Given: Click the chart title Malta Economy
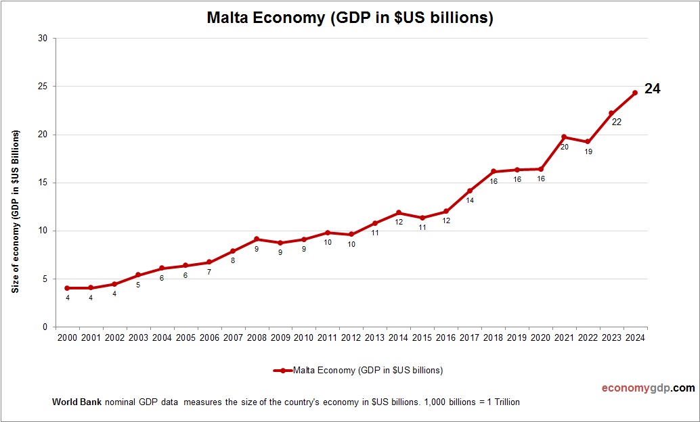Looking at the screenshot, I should click(350, 18).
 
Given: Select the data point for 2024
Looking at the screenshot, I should click(635, 93).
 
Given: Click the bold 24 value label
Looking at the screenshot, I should click(652, 88).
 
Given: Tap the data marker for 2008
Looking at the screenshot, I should click(257, 239).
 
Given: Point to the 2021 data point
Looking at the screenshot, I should click(564, 137).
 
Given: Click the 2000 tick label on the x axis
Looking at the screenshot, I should click(67, 337).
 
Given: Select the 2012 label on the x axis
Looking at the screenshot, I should click(351, 337).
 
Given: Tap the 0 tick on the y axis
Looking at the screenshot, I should click(45, 327).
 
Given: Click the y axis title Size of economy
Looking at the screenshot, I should click(15, 211).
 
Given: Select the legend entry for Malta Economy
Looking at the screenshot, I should click(358, 370).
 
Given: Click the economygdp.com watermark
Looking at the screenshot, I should click(648, 388).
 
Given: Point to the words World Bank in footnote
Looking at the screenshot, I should click(76, 402).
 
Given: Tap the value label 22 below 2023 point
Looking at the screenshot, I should click(616, 122).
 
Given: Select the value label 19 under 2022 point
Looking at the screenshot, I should click(588, 151).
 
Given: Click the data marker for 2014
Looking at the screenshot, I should click(399, 212).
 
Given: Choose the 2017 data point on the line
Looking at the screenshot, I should click(470, 191).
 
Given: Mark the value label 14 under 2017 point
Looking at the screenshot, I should click(470, 201).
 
